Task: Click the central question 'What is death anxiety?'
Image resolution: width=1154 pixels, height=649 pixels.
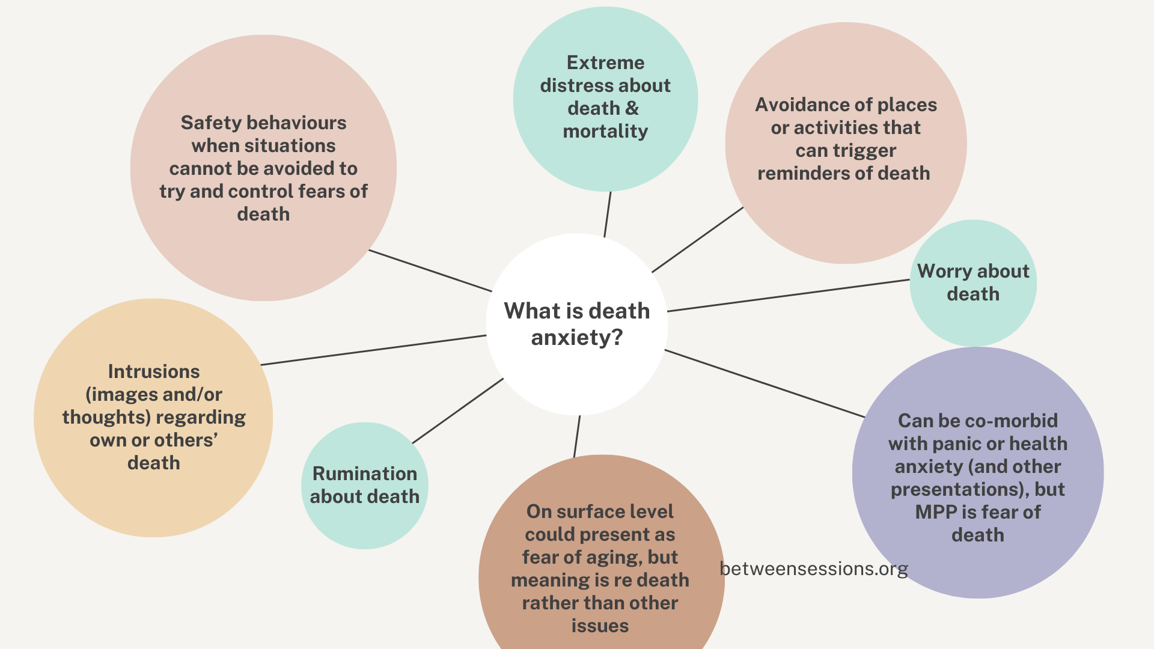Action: [576, 324]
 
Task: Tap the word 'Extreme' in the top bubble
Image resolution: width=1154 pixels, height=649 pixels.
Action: [605, 63]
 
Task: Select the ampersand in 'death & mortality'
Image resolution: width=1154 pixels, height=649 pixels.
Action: [632, 109]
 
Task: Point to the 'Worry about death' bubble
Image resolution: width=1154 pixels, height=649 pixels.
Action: [973, 282]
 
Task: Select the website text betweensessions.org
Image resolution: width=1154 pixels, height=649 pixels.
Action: [813, 568]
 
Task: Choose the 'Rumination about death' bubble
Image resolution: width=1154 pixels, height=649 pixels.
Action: [364, 486]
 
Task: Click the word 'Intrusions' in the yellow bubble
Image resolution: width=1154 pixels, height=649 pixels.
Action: [154, 372]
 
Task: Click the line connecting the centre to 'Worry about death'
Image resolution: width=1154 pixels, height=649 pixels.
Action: [787, 296]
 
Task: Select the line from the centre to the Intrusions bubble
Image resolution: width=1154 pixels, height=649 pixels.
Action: [373, 350]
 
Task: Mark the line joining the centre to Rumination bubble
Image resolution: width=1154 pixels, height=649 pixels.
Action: [457, 411]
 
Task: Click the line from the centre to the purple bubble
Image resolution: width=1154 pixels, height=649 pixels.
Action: [765, 383]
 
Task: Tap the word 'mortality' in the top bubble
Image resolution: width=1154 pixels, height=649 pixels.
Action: [605, 132]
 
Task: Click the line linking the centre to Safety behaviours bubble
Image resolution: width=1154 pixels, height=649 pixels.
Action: [430, 270]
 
